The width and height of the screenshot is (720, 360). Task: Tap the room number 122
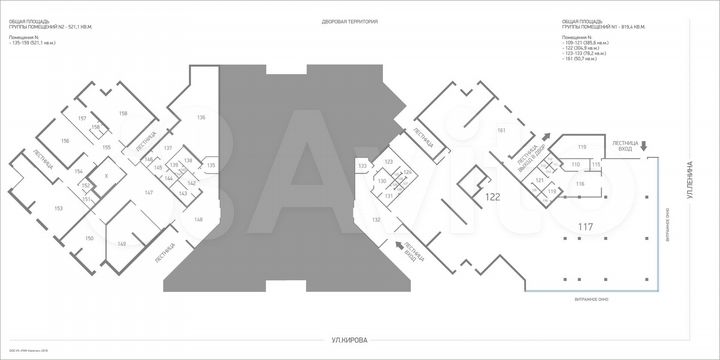pos(492,198)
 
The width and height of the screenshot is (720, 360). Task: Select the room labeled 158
pos(123,113)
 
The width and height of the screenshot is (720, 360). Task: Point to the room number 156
pos(65,142)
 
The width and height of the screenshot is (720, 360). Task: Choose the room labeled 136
pos(201,118)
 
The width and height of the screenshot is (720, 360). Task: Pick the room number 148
pos(198,218)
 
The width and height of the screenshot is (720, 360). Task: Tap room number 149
pos(121,243)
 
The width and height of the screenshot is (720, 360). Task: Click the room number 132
pos(377,218)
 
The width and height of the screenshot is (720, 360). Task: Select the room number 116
pos(579,185)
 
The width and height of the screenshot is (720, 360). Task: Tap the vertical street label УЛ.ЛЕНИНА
pos(689,181)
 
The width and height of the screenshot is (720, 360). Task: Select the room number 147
pos(148,191)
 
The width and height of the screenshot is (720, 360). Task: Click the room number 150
pos(89,239)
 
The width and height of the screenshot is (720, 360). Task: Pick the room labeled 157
pos(82,118)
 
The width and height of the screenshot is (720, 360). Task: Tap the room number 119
pos(579,147)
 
